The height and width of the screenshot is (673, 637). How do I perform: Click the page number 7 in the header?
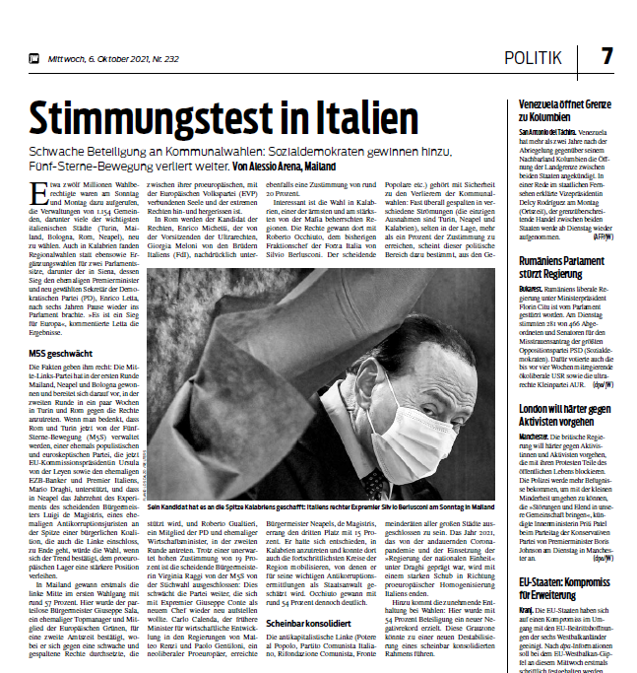pos(606,56)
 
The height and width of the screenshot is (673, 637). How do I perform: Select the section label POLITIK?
pos(534,57)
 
